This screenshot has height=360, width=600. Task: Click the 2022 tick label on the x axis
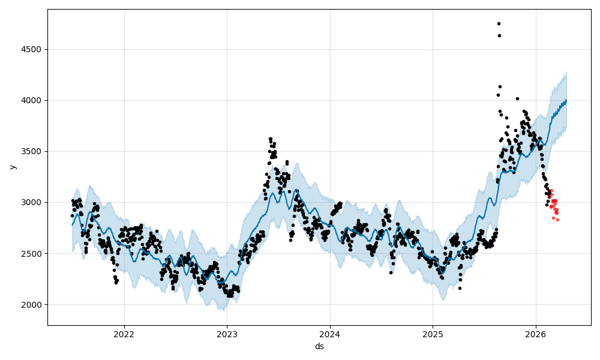pyautogui.click(x=124, y=334)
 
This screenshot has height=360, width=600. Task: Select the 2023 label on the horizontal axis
pyautogui.click(x=227, y=334)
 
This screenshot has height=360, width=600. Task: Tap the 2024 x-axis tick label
pyautogui.click(x=330, y=334)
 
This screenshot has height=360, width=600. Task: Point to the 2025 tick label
pyautogui.click(x=433, y=334)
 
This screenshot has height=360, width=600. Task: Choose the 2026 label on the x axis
pyautogui.click(x=536, y=334)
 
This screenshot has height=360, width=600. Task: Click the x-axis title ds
pyautogui.click(x=319, y=346)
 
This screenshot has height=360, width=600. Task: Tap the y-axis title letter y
pyautogui.click(x=11, y=167)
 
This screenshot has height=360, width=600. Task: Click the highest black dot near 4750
pyautogui.click(x=499, y=23)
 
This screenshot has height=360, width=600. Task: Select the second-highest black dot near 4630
pyautogui.click(x=499, y=35)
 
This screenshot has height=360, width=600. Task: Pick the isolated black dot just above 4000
pyautogui.click(x=517, y=98)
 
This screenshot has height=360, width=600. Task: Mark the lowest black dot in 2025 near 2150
pyautogui.click(x=460, y=288)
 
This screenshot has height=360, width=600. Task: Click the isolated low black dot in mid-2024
pyautogui.click(x=391, y=272)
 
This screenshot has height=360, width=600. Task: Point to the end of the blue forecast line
pyautogui.click(x=566, y=100)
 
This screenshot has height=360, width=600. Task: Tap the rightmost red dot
pyautogui.click(x=557, y=220)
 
